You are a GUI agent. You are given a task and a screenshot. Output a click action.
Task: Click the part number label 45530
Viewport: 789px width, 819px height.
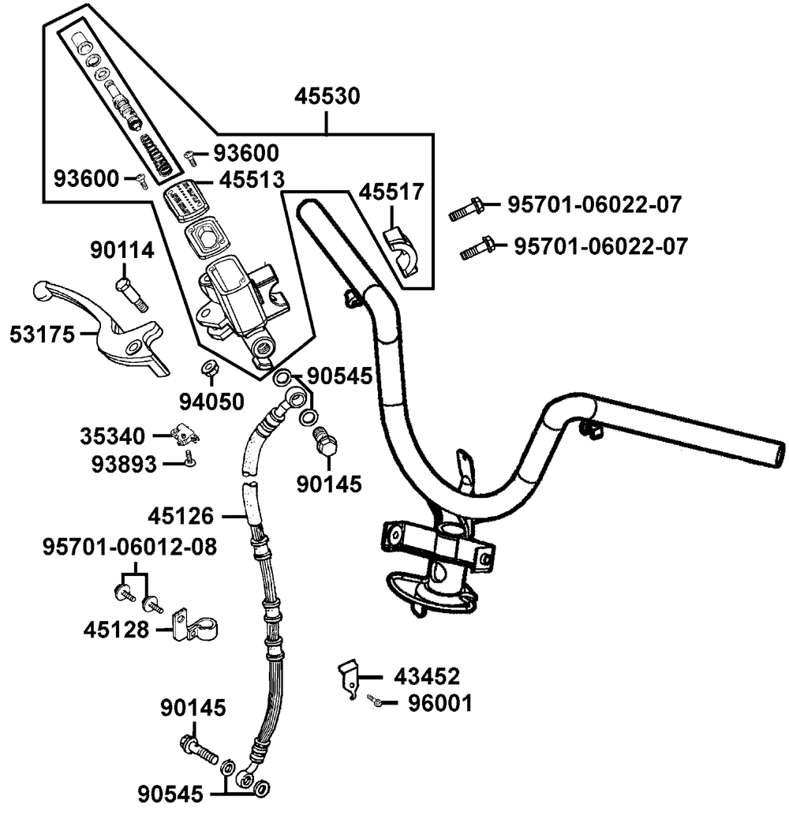[x=327, y=96]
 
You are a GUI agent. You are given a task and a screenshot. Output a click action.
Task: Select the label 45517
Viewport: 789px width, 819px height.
[x=391, y=191]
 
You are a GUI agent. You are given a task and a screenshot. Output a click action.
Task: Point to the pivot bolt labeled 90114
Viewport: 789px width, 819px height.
[x=129, y=294]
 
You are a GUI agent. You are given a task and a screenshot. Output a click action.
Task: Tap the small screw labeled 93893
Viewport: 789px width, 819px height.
[x=189, y=458]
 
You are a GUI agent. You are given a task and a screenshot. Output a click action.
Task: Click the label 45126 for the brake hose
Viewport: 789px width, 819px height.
[x=180, y=517]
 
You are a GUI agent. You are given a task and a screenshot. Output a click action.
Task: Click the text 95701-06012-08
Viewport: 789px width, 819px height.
[x=129, y=546]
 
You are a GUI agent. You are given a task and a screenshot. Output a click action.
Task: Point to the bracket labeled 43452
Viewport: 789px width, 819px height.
[x=347, y=677]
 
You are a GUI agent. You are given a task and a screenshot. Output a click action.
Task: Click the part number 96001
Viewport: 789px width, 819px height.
[x=440, y=702]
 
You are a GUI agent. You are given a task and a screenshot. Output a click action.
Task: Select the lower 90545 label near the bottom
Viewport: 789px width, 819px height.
[x=171, y=792]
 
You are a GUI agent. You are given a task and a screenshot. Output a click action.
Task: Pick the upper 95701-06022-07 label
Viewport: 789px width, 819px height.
[x=593, y=205]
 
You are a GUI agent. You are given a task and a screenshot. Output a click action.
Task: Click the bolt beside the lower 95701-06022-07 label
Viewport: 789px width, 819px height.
[x=477, y=249]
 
